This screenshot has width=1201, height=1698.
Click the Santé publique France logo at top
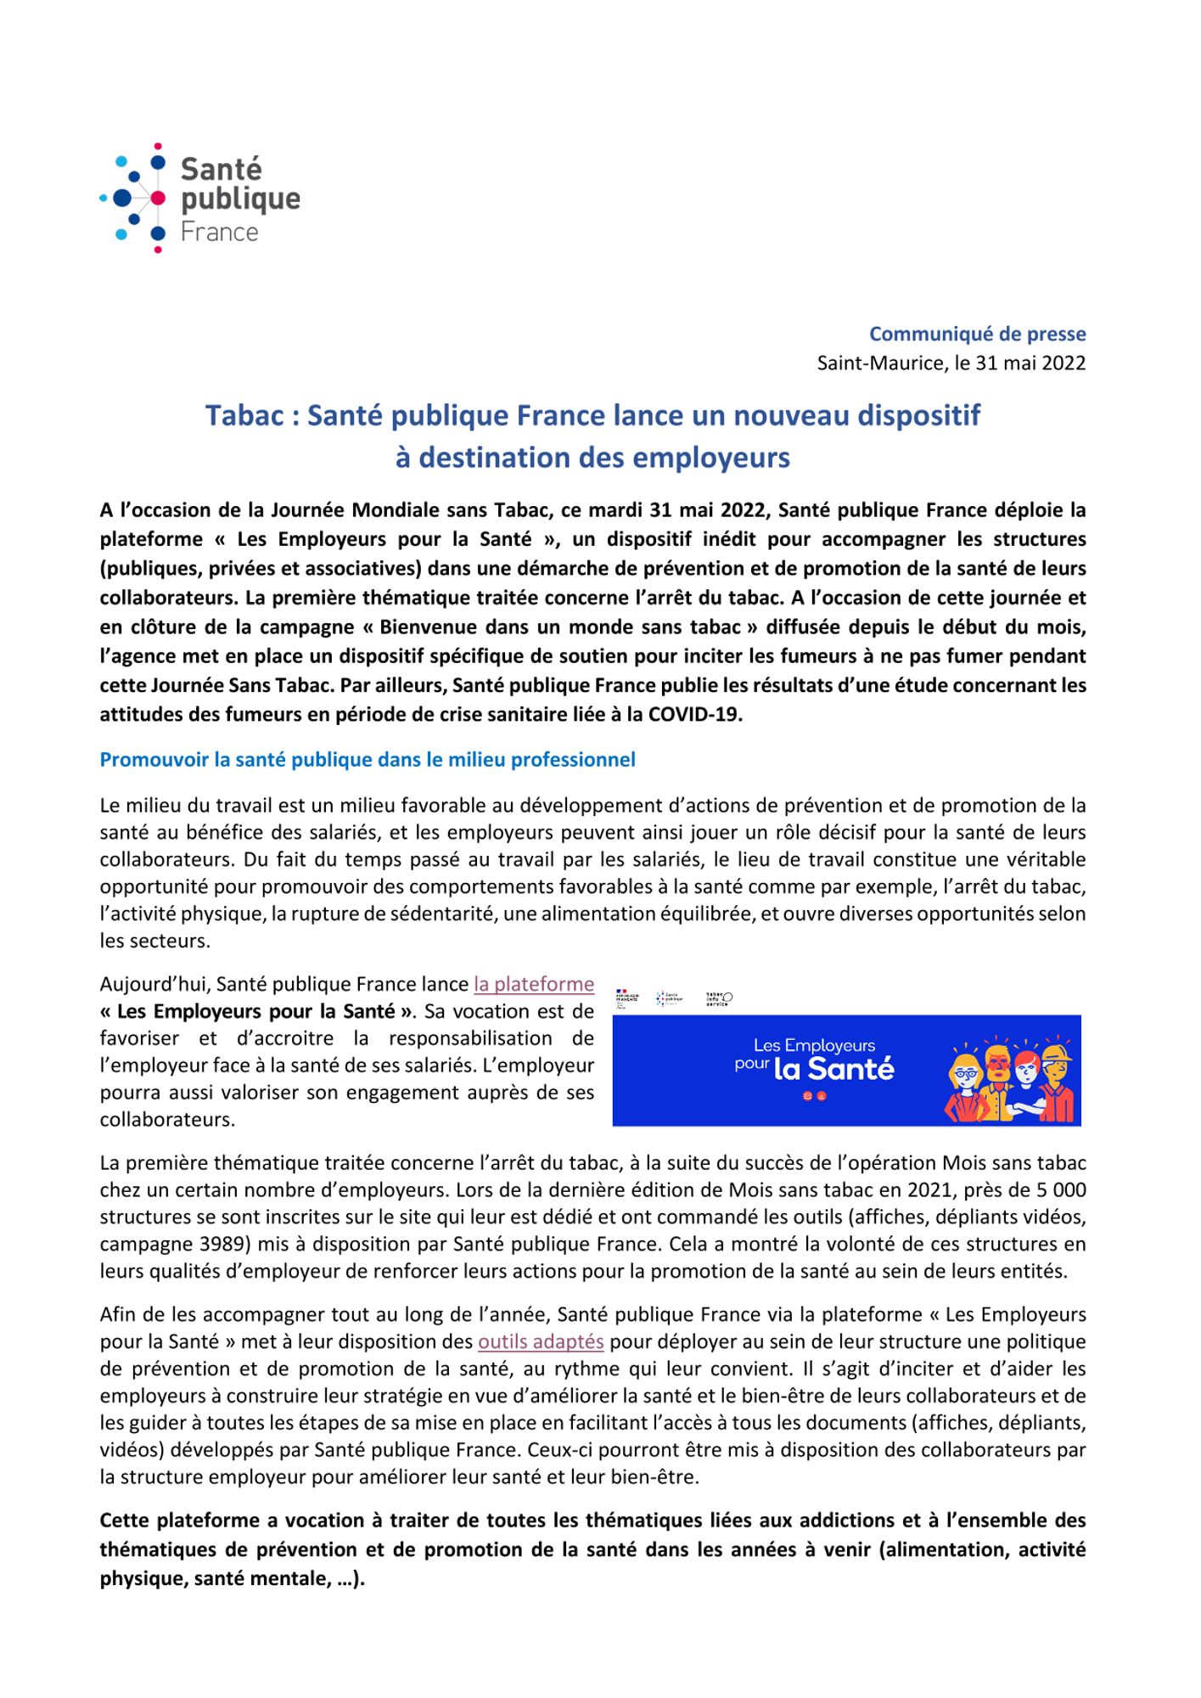[x=200, y=198]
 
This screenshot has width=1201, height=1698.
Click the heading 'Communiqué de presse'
[x=977, y=335]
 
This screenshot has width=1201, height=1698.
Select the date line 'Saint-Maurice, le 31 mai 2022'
[x=951, y=363]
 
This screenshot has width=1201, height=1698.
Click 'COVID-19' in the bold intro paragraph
[x=695, y=714]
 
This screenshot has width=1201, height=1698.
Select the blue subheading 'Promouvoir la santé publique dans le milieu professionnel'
[x=368, y=760]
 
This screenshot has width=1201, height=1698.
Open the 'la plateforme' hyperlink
[x=534, y=984]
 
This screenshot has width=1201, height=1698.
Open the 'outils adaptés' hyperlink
[x=541, y=1341]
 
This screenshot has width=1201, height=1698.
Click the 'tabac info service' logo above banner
[x=719, y=999]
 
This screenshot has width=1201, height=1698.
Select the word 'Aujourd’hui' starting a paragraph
[x=154, y=984]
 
